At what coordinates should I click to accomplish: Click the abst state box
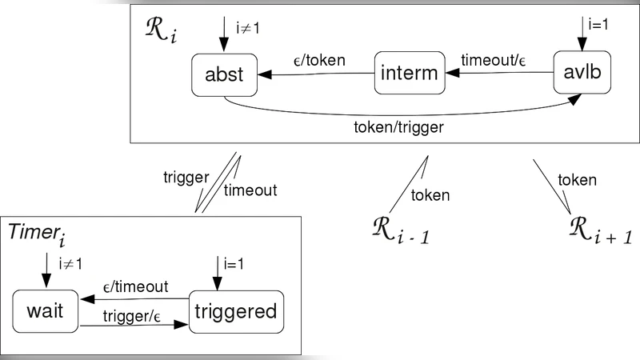224,74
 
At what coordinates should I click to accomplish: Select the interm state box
409,74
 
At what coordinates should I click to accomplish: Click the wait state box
45,313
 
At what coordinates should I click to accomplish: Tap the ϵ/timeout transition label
136,287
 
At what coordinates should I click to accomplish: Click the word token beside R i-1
430,195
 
